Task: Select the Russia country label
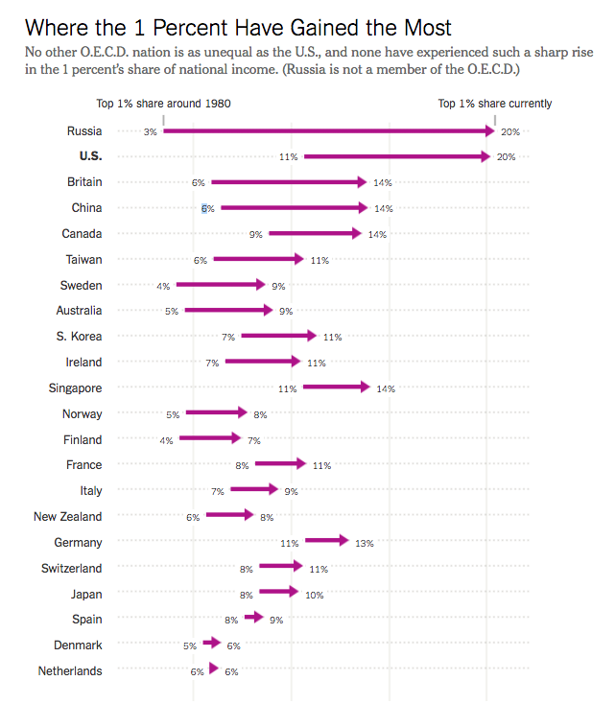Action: coord(84,130)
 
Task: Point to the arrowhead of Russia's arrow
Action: coord(488,130)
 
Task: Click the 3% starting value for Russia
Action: coord(150,131)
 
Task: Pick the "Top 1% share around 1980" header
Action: coord(163,104)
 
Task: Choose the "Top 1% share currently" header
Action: coord(495,104)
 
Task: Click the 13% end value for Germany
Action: coord(365,543)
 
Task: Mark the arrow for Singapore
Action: coord(336,387)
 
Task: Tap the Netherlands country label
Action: coord(70,671)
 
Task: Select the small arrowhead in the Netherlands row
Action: coord(213,671)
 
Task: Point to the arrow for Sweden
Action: coord(220,285)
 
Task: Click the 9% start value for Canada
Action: coord(256,234)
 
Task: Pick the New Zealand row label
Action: coord(67,517)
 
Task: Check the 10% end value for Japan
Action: coord(315,595)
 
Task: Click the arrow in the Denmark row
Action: coord(212,645)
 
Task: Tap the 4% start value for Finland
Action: coord(166,440)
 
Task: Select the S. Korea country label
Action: coord(79,337)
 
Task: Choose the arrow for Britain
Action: coord(288,182)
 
